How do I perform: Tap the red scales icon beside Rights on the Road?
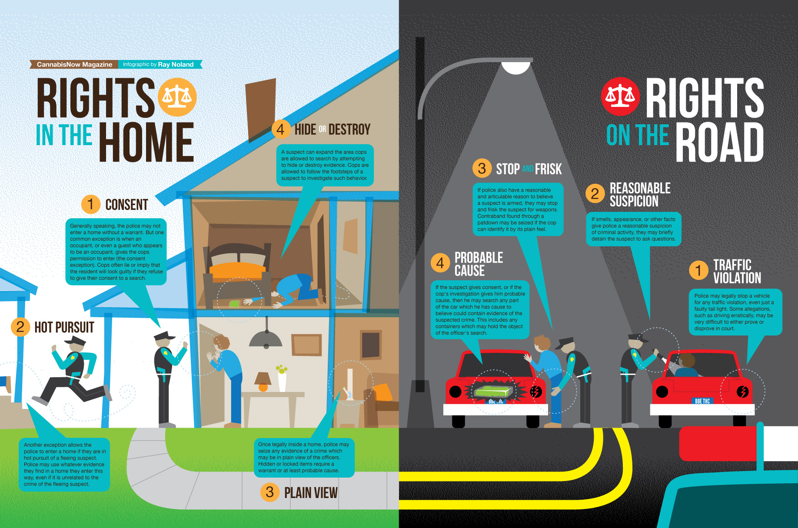620,96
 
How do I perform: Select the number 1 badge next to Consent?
90,204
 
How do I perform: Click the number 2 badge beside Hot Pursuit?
20,327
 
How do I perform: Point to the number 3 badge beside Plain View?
269,492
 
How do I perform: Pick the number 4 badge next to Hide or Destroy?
280,129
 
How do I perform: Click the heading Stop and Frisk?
529,169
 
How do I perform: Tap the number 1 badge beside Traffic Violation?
698,270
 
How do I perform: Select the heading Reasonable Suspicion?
640,195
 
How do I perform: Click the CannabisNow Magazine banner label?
74,64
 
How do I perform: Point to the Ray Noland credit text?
176,64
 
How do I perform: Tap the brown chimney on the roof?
261,109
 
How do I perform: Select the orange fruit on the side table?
263,387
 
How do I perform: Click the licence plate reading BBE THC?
702,401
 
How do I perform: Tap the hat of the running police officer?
75,340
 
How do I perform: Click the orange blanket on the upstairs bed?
237,270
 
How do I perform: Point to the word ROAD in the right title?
719,143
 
